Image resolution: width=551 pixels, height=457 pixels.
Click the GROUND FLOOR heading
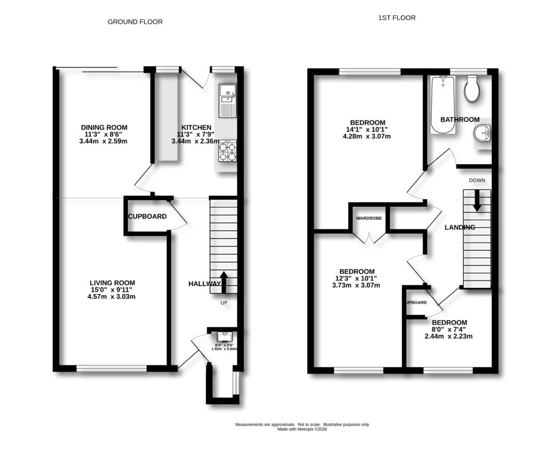(x=135, y=22)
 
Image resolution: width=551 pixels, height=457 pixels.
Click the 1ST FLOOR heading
(x=397, y=18)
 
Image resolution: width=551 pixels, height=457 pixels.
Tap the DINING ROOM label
(x=104, y=128)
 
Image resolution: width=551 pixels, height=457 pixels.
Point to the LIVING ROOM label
(x=112, y=283)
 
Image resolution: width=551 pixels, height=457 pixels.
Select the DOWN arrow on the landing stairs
(x=477, y=202)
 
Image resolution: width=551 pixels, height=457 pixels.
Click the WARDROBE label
(x=369, y=219)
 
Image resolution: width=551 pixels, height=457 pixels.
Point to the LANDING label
(x=460, y=227)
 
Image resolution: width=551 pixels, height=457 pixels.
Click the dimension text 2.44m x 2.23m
(x=448, y=336)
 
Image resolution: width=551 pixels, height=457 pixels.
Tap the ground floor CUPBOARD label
(x=147, y=216)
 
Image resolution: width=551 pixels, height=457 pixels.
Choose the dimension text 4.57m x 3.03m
(x=112, y=297)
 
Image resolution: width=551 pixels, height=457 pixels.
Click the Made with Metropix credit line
(x=302, y=429)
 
